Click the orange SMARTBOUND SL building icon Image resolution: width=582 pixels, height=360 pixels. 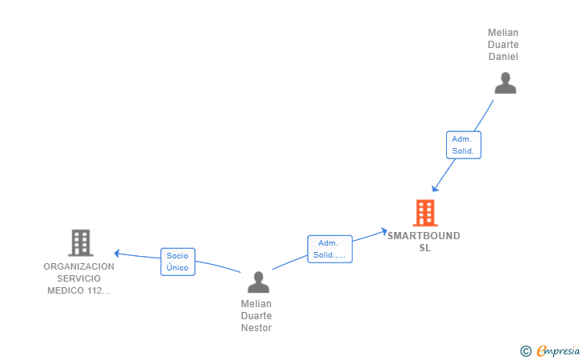click(425, 213)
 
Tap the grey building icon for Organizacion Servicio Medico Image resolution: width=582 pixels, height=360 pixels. click(81, 242)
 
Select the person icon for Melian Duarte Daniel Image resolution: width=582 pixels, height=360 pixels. click(505, 83)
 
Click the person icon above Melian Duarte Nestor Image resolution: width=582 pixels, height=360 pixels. click(258, 282)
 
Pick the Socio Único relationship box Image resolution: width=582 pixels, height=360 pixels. click(177, 262)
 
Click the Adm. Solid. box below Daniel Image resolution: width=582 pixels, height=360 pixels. click(464, 145)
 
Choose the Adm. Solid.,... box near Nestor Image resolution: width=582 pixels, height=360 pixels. click(329, 249)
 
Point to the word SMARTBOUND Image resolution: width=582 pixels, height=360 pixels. click(424, 236)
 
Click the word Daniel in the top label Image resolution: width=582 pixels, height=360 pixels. click(504, 57)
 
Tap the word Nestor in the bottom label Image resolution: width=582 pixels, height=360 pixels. click(256, 328)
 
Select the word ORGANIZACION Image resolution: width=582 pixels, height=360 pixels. click(78, 266)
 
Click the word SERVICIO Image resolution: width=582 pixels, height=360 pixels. click(78, 278)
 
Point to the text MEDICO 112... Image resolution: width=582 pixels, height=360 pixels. click(75, 290)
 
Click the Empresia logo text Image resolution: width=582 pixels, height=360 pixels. click(558, 351)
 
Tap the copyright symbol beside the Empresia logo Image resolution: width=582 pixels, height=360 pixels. click(526, 351)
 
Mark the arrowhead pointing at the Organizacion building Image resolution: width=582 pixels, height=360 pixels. click(117, 254)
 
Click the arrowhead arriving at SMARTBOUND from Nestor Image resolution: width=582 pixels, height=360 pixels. click(385, 232)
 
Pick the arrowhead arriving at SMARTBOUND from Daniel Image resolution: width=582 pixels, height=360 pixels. click(435, 189)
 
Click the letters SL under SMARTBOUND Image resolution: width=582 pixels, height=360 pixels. click(425, 248)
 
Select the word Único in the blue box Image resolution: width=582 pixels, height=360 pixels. click(177, 267)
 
